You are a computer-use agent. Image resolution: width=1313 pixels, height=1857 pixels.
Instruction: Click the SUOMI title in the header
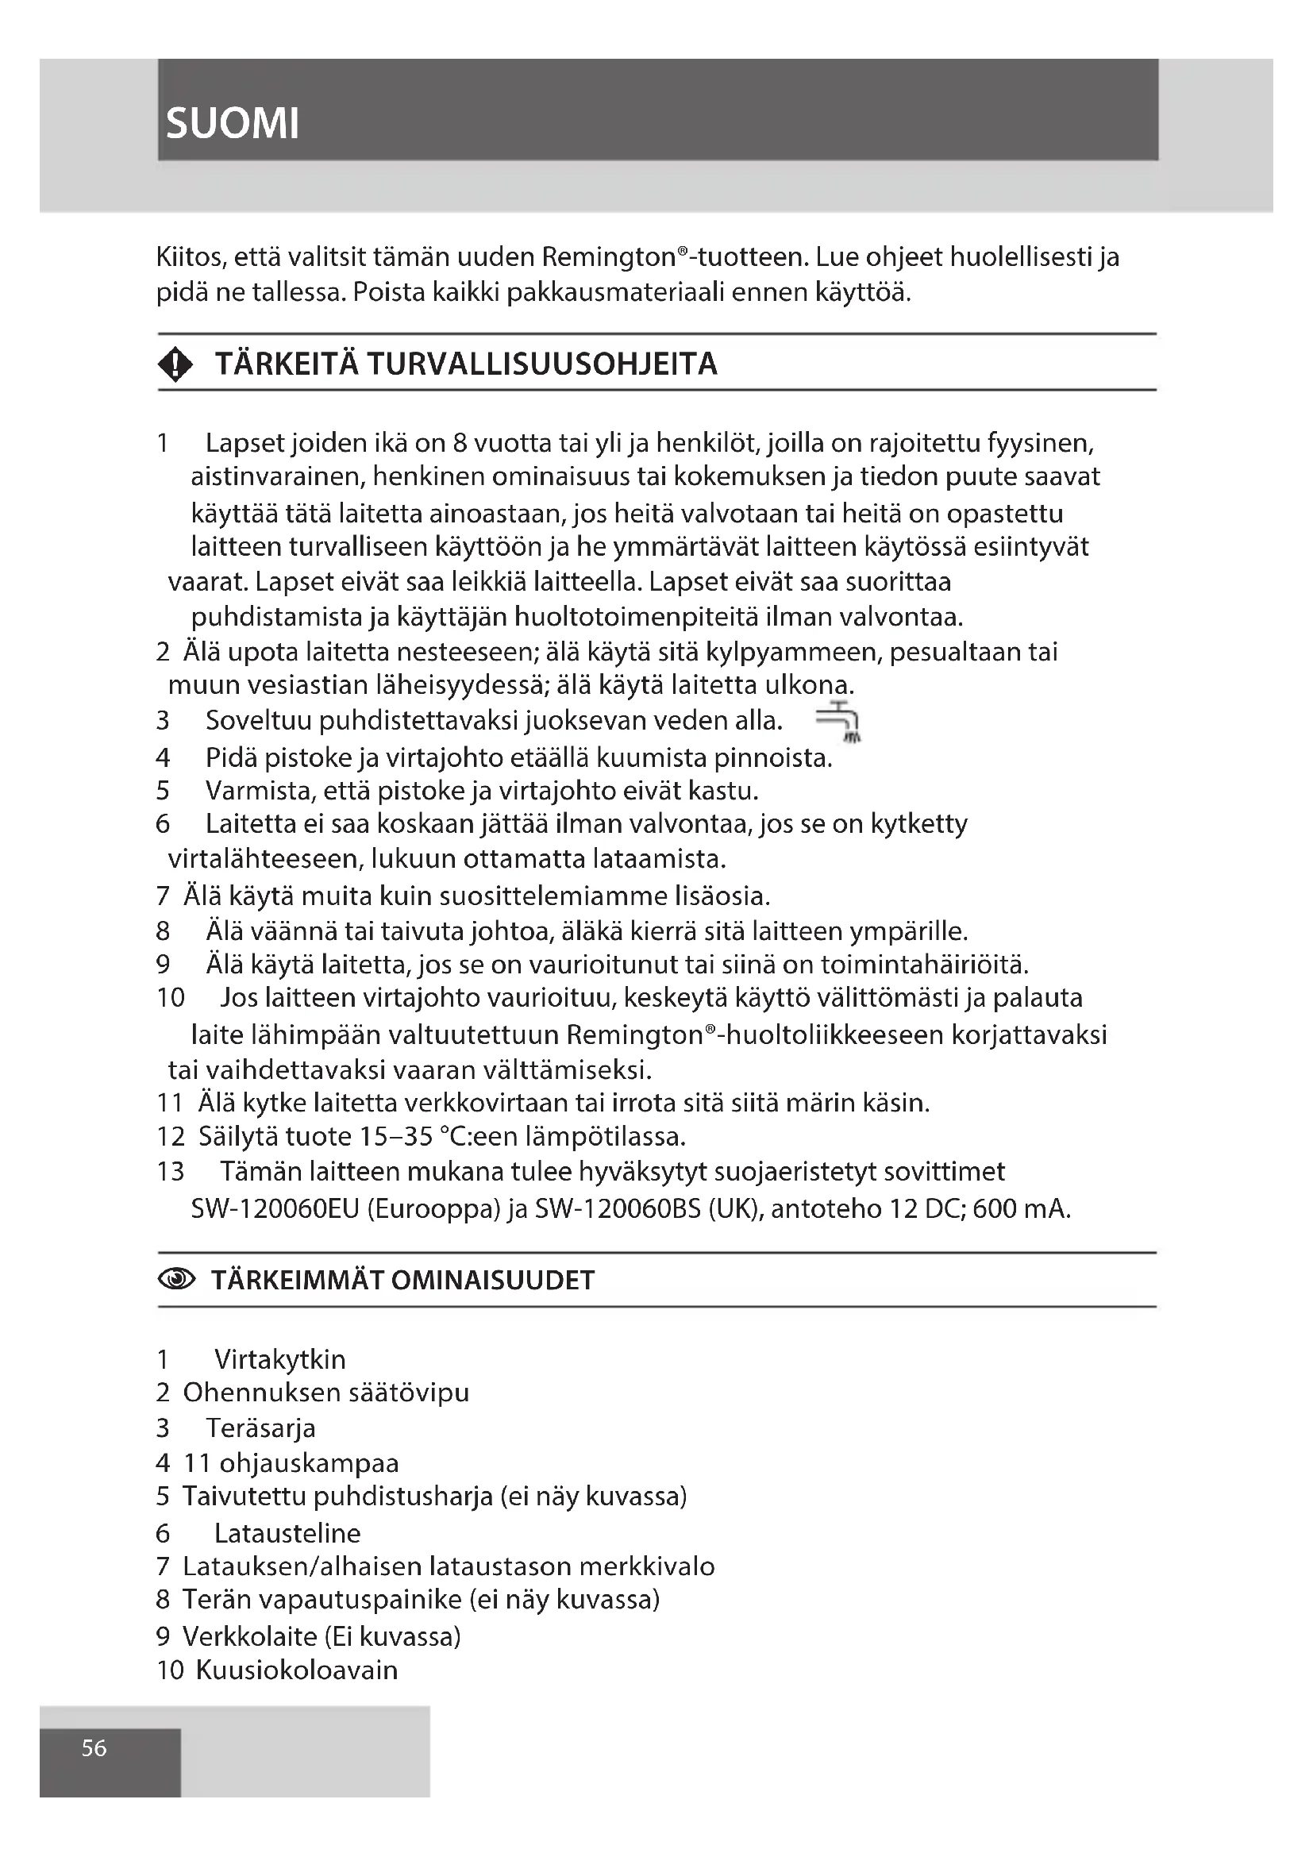(x=232, y=124)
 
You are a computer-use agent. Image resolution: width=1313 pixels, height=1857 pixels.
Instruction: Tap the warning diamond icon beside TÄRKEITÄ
(x=175, y=364)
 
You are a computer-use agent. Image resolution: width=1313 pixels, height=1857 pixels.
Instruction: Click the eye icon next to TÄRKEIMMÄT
(x=176, y=1280)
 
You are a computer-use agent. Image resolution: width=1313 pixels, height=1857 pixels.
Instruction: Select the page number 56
(x=94, y=1747)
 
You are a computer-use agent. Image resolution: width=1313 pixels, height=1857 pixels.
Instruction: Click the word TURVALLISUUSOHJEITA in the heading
(x=541, y=364)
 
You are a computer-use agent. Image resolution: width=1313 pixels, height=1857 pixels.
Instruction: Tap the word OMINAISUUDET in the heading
(x=492, y=1281)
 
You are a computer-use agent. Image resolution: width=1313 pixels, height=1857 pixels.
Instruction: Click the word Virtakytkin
(x=279, y=1359)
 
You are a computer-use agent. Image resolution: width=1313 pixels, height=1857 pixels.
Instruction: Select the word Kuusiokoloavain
(x=297, y=1670)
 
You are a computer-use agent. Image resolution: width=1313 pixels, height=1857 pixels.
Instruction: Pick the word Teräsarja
(x=260, y=1428)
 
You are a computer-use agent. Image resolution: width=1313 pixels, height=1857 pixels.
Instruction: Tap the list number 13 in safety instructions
(x=171, y=1171)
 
